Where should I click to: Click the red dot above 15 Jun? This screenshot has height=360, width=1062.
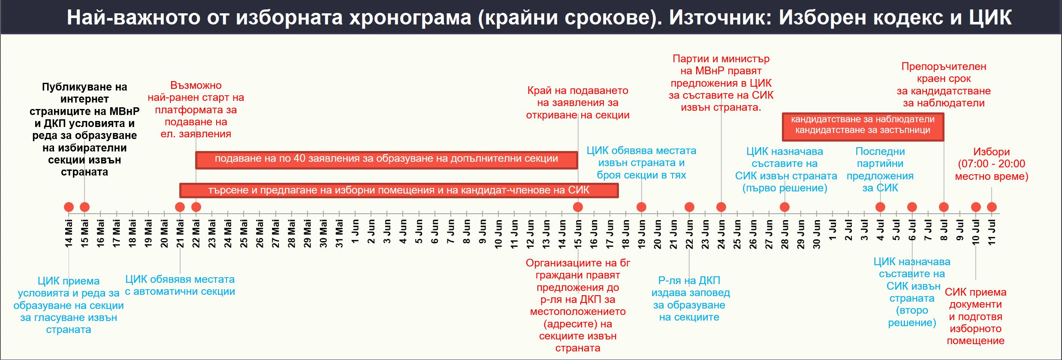[578, 207]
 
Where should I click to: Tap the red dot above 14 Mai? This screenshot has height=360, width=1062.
[69, 207]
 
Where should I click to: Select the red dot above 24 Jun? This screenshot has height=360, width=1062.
[721, 207]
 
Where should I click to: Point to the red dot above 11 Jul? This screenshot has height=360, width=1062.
[992, 207]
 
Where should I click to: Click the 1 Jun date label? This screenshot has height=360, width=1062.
[355, 232]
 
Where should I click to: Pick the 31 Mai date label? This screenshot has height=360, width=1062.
[339, 234]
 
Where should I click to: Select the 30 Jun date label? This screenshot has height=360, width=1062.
[817, 234]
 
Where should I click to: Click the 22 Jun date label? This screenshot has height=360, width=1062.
[689, 234]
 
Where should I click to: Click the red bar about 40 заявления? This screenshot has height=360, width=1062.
[386, 160]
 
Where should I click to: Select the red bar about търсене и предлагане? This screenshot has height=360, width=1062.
[399, 191]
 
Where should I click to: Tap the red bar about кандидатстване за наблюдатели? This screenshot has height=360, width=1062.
[863, 127]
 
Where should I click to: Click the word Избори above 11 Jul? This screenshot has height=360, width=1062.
[992, 152]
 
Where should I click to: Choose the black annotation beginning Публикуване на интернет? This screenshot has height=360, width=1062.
[84, 130]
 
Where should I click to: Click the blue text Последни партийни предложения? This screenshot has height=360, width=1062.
[880, 169]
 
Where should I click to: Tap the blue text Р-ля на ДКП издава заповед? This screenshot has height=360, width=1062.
[690, 299]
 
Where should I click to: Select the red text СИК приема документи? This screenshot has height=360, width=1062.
[976, 316]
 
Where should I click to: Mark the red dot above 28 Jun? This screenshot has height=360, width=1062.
[784, 207]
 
